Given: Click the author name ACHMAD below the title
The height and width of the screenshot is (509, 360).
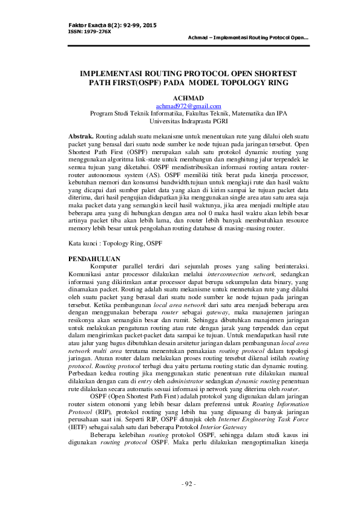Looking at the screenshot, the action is point(188,97).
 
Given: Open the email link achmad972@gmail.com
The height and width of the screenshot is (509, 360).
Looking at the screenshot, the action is point(188,106).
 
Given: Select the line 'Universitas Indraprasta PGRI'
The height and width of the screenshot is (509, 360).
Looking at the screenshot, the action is point(188,120).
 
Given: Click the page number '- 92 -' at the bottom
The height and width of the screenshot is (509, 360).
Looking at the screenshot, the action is point(188,484).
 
